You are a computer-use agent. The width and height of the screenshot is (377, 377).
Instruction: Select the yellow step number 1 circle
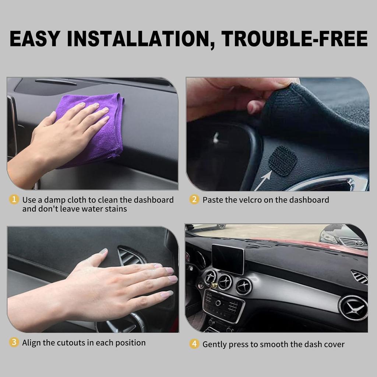[14, 200]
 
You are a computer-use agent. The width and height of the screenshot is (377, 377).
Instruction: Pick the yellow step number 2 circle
[194, 200]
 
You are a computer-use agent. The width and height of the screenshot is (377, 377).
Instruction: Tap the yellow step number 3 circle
[14, 342]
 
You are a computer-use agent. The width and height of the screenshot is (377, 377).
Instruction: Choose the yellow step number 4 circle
[194, 344]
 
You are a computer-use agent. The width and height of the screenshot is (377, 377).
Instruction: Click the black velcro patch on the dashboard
[282, 161]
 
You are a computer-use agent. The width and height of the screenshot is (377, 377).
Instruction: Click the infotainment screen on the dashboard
[228, 258]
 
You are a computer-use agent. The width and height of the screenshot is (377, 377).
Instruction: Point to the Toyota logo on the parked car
[359, 243]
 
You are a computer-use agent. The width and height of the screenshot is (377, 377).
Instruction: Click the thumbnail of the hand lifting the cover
[278, 134]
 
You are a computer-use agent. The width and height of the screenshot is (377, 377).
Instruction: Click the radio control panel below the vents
[223, 304]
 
